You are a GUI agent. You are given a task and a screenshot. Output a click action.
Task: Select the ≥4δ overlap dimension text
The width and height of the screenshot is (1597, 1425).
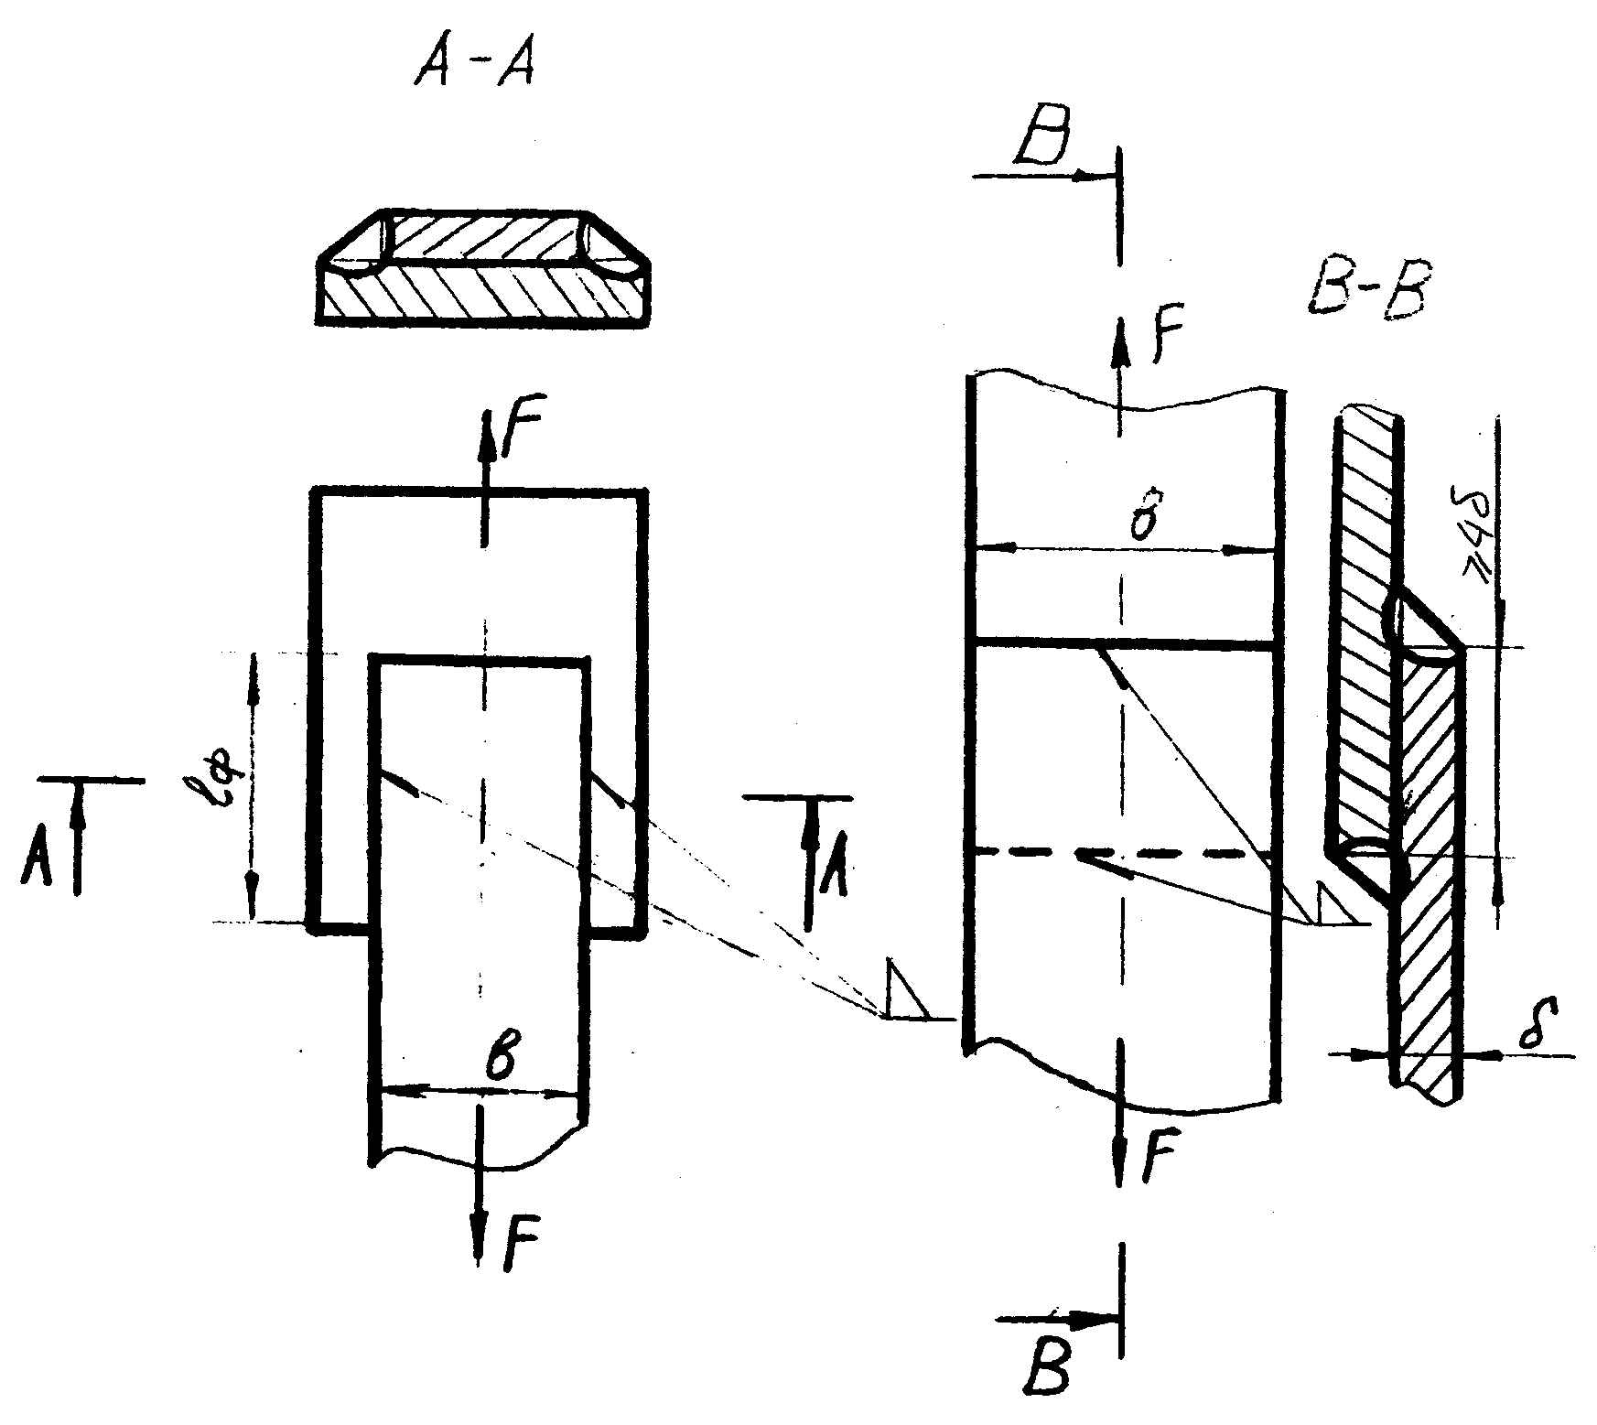point(1479,540)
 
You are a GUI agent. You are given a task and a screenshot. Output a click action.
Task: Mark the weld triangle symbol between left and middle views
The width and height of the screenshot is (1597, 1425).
point(904,990)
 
